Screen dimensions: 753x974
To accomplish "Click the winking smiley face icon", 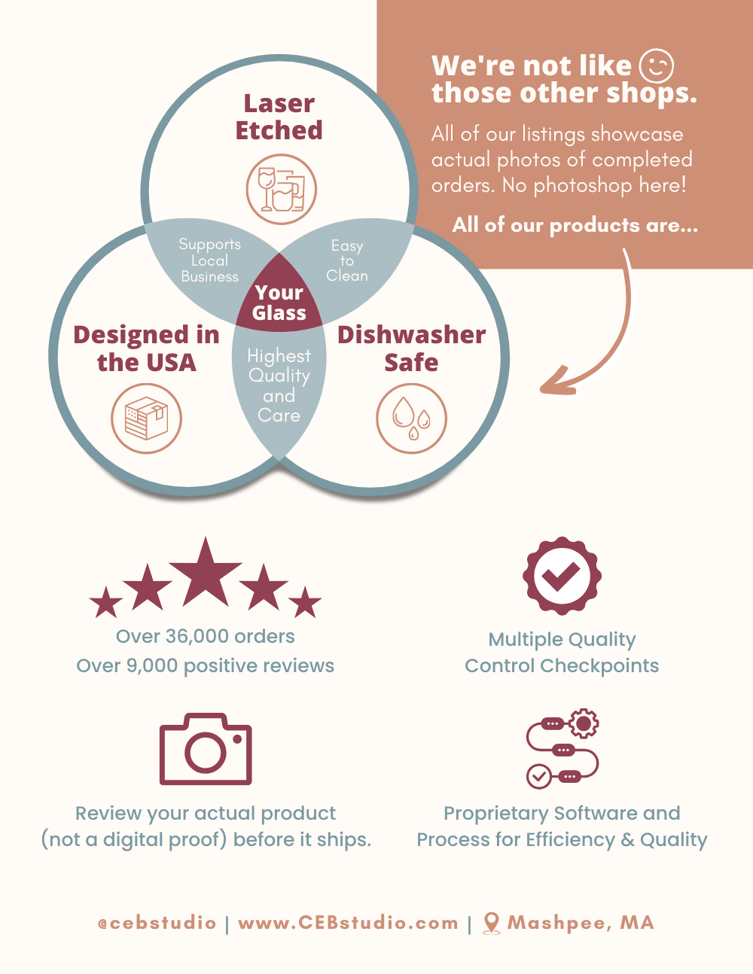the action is click(657, 66).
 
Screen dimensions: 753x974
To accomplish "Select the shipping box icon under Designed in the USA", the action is click(147, 419).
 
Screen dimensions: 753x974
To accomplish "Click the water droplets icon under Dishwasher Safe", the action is click(411, 419).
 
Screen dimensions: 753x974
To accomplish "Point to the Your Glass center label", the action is click(279, 303).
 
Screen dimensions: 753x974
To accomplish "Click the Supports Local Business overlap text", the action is click(210, 260).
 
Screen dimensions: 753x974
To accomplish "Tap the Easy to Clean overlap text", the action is click(347, 260).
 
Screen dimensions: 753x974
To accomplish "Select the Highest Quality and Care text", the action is click(279, 385).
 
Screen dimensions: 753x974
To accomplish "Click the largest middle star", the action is click(206, 574).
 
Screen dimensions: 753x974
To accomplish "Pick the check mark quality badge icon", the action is click(562, 576).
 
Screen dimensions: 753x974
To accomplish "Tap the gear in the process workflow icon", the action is click(583, 723).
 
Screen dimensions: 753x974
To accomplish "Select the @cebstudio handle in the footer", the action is click(157, 924).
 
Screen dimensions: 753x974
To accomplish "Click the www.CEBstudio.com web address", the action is click(348, 924).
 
